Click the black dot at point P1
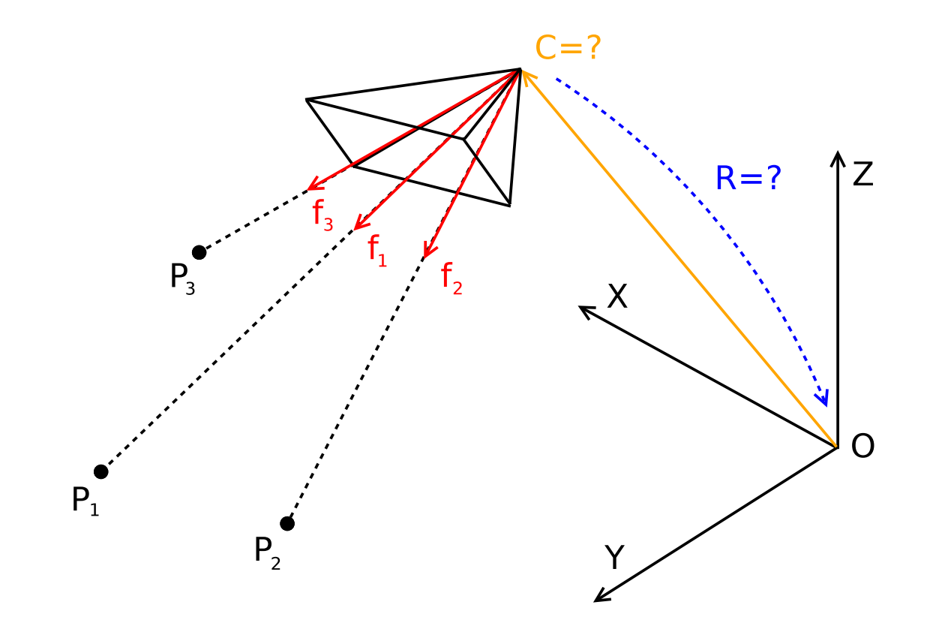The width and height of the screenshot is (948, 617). (100, 471)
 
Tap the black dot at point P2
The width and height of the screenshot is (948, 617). (287, 523)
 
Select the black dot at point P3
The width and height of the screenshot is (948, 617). (199, 252)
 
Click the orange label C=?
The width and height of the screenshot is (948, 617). (568, 47)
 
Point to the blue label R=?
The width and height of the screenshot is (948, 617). (748, 177)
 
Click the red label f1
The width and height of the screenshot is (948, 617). (377, 251)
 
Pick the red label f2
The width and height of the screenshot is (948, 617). (451, 278)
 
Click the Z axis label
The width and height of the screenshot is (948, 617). (863, 173)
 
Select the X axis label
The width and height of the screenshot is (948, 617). (617, 296)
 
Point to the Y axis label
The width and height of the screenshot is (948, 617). (614, 557)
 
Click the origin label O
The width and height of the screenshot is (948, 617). (862, 446)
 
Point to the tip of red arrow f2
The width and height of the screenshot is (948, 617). (424, 256)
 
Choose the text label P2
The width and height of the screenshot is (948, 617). (268, 553)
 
